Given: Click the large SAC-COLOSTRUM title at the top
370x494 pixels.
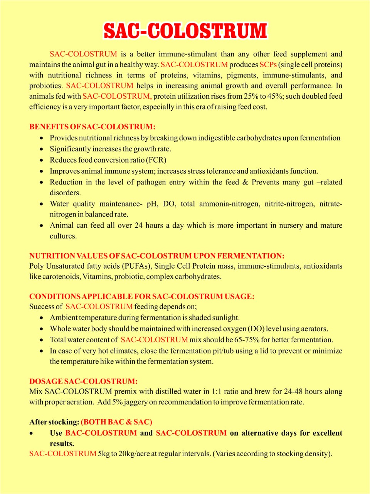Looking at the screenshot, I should [185, 31].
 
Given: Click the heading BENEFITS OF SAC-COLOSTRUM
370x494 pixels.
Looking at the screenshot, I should [92, 127].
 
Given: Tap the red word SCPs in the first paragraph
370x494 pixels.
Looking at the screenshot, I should [268, 64].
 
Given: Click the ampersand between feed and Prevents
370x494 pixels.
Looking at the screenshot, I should [245, 182].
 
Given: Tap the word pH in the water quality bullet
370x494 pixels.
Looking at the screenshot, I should [152, 203].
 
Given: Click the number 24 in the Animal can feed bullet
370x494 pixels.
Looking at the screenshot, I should [138, 225].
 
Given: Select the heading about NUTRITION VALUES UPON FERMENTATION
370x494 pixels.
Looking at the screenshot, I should [156, 255].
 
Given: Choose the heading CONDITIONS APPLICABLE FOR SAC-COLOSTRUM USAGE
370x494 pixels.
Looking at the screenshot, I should [142, 296].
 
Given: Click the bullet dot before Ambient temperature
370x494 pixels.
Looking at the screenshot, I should [42, 318].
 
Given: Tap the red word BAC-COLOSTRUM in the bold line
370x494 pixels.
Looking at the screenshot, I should [101, 433].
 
